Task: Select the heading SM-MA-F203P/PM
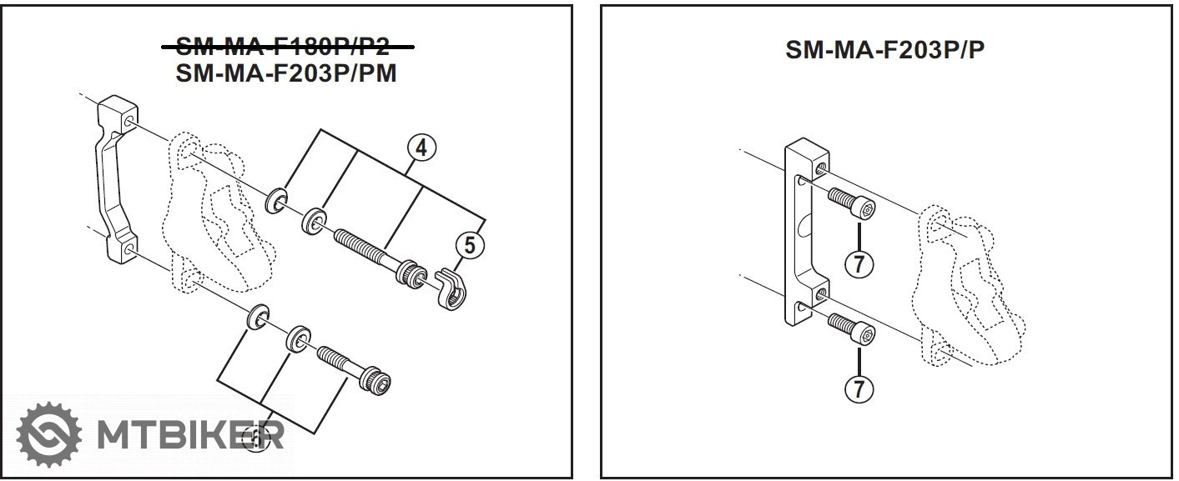click(286, 73)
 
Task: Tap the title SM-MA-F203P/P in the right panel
click(884, 50)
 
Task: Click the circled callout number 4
click(422, 148)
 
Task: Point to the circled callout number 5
click(470, 245)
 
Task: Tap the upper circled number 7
click(859, 264)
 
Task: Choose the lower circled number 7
click(859, 388)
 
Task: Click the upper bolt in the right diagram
click(852, 203)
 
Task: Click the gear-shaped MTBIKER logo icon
click(49, 433)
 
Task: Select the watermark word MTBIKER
click(191, 435)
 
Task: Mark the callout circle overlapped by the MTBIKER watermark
click(255, 439)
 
